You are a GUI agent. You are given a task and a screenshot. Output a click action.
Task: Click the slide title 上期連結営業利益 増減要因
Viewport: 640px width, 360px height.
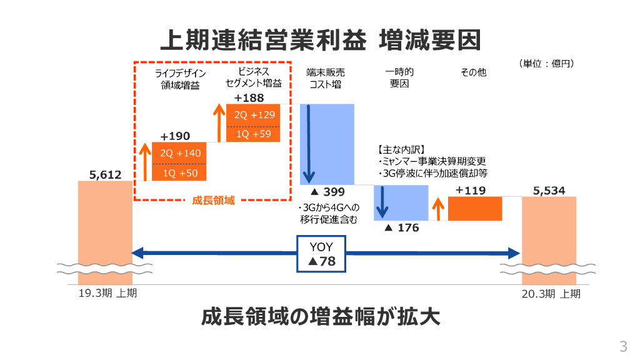(x=320, y=40)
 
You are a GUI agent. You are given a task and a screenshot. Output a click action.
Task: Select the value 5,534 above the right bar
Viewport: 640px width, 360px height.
(x=549, y=190)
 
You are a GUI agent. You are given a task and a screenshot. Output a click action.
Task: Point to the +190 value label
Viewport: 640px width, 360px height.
(x=175, y=136)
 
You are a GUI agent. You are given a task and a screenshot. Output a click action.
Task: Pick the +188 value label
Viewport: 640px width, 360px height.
(x=249, y=98)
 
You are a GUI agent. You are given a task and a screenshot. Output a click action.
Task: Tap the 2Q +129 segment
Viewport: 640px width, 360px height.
(x=254, y=115)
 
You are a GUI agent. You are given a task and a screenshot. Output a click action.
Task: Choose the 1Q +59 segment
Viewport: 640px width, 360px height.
(x=254, y=134)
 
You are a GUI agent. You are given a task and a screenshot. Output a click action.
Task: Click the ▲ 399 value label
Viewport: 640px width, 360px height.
(x=327, y=191)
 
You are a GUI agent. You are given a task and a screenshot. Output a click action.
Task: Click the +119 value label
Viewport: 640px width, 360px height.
(x=471, y=191)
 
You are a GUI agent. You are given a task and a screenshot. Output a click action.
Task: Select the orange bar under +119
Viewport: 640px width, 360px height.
(x=476, y=208)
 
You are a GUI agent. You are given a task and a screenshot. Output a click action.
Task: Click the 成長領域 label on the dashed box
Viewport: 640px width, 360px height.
(x=213, y=201)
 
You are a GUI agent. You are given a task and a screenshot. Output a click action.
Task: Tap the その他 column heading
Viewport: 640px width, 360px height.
(x=473, y=72)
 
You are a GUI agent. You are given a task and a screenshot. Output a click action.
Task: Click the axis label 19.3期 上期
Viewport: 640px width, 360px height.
(x=105, y=293)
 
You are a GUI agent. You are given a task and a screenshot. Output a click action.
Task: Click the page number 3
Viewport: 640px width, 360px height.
(x=622, y=346)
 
